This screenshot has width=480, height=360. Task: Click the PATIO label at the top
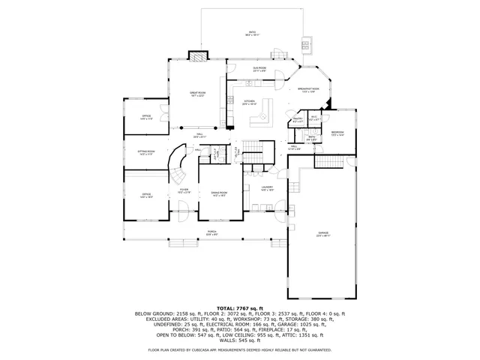[x=253, y=32]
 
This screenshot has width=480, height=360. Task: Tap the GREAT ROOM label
[x=198, y=94]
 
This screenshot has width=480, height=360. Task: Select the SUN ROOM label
[x=259, y=69]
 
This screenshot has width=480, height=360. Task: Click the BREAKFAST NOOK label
[x=307, y=90]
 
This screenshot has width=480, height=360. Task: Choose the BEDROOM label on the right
[x=338, y=133]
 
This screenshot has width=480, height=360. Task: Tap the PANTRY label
[x=297, y=119]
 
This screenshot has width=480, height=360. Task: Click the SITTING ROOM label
[x=146, y=152]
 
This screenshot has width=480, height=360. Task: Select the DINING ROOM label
[x=219, y=193]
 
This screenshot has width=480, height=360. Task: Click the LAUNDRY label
[x=267, y=189]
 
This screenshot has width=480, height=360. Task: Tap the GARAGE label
[x=323, y=235]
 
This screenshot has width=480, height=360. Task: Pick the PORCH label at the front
[x=212, y=233]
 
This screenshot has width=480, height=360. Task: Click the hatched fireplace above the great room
[x=197, y=57]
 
